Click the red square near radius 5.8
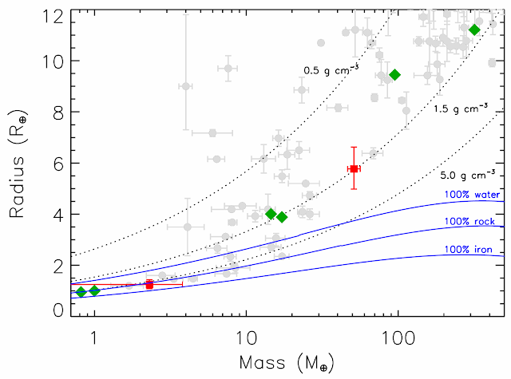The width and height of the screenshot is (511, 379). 355,169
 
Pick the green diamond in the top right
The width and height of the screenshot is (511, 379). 474,30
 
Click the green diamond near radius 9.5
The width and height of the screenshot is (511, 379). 394,75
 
